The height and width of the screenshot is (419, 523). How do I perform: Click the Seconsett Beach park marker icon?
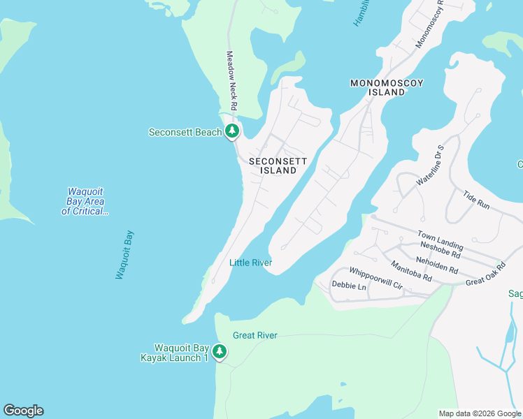[232, 131]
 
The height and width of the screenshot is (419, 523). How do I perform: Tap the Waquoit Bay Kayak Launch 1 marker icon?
[220, 351]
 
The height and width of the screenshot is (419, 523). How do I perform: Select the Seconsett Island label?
[278, 166]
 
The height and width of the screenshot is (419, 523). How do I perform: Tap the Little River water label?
[250, 263]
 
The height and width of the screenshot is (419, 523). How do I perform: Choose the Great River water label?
[255, 335]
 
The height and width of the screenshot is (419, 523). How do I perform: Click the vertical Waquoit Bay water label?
[124, 255]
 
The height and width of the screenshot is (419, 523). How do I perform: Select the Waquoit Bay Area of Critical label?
[85, 201]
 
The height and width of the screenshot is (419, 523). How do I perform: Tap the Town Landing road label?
[440, 240]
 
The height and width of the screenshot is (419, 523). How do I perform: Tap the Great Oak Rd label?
[485, 274]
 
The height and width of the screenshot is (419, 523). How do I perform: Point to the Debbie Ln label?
[349, 286]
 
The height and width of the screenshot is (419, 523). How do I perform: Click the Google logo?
[23, 411]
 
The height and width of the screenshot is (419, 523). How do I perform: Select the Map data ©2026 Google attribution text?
[479, 413]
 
